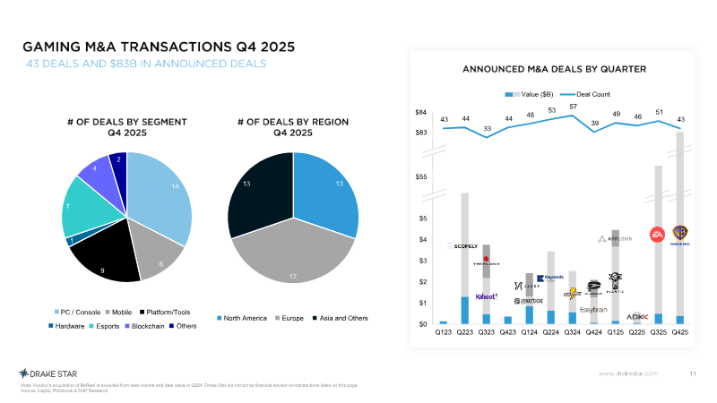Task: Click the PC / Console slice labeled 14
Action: [x=166, y=197]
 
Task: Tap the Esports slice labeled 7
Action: [x=87, y=204]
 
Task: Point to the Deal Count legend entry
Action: [x=589, y=93]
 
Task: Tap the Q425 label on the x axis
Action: [x=679, y=332]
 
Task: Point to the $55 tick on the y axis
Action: [x=420, y=177]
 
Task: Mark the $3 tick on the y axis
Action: [x=423, y=261]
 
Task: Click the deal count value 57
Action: [x=573, y=107]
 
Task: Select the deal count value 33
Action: [x=487, y=129]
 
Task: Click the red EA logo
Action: [x=658, y=234]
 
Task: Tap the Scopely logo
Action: [x=463, y=245]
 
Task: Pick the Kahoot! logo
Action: [x=486, y=296]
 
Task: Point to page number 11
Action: [x=692, y=373]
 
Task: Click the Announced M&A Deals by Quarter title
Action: [x=554, y=69]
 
